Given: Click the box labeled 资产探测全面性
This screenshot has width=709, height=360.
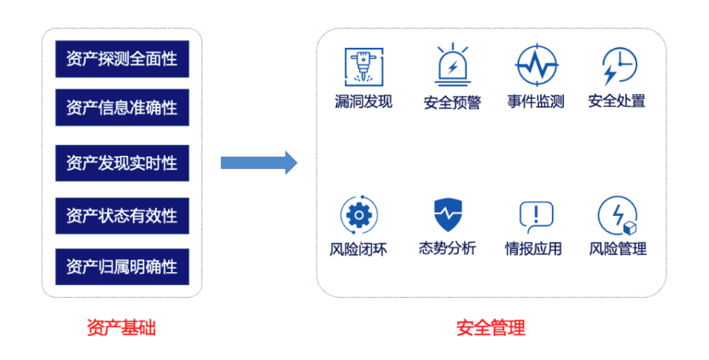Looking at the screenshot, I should (x=121, y=59).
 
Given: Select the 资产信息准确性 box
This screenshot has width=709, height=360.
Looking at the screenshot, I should (x=121, y=107).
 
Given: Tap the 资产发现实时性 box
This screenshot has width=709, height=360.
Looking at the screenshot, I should (x=121, y=163).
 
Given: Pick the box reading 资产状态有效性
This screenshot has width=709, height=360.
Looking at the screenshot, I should (x=121, y=216).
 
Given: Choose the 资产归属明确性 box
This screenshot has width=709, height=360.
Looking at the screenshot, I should (x=121, y=267).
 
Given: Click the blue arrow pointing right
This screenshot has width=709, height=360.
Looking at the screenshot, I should (x=259, y=163).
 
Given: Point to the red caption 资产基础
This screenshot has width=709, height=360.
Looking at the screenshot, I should (x=121, y=328).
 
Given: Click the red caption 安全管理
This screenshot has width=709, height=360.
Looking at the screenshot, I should (x=491, y=328).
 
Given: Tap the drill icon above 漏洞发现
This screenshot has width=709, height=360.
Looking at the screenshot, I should (x=363, y=66).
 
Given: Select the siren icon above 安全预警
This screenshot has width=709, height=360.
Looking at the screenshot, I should (x=452, y=66).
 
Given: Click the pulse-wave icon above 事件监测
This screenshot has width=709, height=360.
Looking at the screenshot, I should (x=537, y=66).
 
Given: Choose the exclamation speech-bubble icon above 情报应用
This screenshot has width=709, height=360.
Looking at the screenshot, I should (x=536, y=216).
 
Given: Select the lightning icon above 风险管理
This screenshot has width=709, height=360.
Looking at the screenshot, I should (x=617, y=215).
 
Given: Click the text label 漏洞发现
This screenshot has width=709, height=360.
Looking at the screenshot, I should (x=363, y=102).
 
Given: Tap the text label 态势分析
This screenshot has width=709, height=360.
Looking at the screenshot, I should (x=447, y=249).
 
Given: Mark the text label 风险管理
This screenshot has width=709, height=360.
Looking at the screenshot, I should (x=618, y=249).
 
